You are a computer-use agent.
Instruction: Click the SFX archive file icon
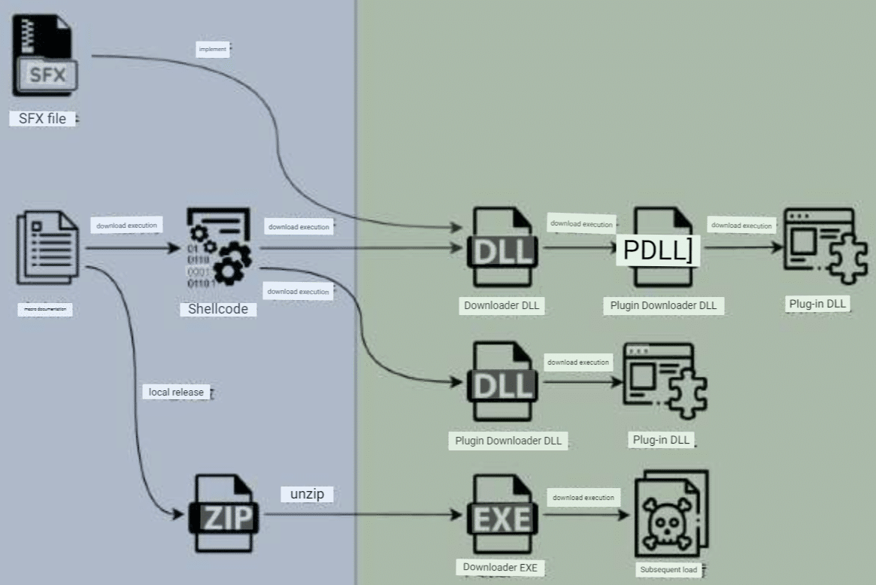point(44,56)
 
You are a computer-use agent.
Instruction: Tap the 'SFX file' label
point(42,118)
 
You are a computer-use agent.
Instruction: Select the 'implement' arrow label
point(212,50)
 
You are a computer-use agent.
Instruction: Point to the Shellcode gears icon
point(217,249)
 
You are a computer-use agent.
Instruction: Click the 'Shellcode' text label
point(217,308)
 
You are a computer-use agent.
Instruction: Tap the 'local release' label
point(176,392)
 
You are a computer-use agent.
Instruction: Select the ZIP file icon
point(224,513)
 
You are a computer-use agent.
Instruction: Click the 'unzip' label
point(307,494)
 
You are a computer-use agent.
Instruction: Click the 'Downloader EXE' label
point(500,568)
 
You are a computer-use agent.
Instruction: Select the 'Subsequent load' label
point(668,569)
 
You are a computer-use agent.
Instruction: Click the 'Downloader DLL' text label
point(503,305)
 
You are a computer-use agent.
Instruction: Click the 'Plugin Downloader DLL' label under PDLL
point(662,306)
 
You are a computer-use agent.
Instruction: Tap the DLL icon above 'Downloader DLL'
point(503,247)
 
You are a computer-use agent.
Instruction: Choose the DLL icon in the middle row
point(503,382)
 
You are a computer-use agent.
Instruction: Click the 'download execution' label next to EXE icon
point(583,497)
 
